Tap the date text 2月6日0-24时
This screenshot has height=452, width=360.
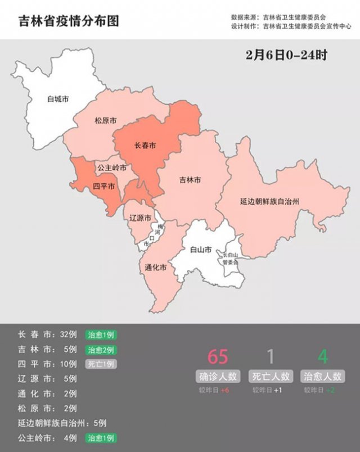coord(286,56)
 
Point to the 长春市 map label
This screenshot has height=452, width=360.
coord(145,146)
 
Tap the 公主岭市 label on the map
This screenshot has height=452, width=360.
coord(111,168)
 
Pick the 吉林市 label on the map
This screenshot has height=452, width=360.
coord(190,180)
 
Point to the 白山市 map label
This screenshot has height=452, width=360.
coord(201,249)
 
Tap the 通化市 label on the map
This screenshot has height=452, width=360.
coord(155,267)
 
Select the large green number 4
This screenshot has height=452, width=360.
coord(322,357)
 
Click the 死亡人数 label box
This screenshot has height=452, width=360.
coord(271,376)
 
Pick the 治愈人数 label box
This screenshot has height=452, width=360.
coord(322,376)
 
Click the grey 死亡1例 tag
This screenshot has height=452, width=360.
coord(101,364)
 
